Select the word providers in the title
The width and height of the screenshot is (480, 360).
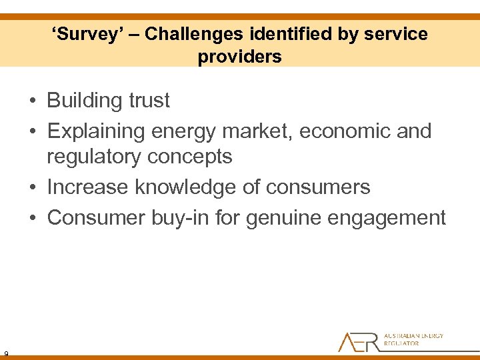click(x=239, y=57)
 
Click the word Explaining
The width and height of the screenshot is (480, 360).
click(x=96, y=131)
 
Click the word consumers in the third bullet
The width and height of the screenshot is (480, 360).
click(x=317, y=187)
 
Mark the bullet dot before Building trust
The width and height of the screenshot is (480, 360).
click(x=33, y=101)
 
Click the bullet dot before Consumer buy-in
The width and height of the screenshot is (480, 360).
click(x=33, y=218)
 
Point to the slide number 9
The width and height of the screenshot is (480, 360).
click(x=5, y=353)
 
